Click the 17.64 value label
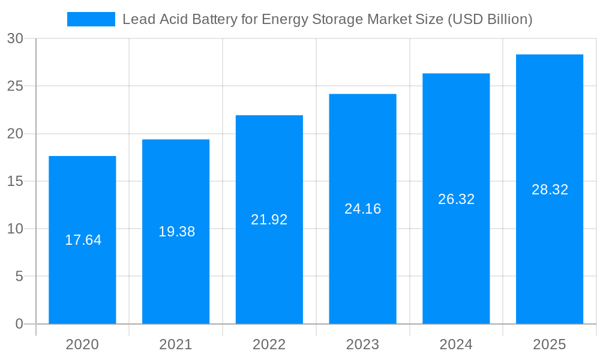pos(83,240)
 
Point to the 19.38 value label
pos(176,232)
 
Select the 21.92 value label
pos(269,220)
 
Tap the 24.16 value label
pos(362,209)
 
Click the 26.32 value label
pos(456,199)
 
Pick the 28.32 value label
pos(550,190)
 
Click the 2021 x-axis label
pos(176,344)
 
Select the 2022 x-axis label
pos(269,344)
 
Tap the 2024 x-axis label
pos(456,344)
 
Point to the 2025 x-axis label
pos(550,344)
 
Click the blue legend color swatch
pos(91,19)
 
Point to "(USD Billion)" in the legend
pos(490,19)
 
